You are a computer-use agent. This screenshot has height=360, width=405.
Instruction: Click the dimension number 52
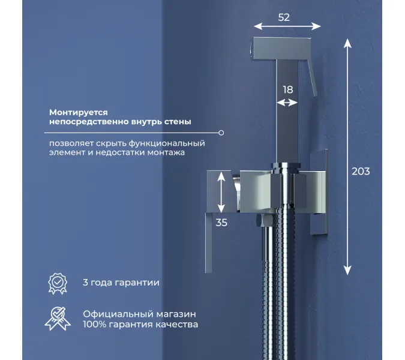(284, 17)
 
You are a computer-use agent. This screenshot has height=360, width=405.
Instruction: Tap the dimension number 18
(288, 89)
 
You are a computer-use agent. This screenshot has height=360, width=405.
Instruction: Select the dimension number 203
(360, 172)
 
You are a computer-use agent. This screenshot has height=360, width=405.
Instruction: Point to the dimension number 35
(221, 222)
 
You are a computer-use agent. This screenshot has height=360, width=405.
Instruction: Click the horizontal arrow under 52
(287, 27)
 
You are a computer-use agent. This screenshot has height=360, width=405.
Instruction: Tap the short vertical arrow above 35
(223, 192)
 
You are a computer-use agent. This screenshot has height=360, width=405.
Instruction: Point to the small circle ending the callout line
(221, 133)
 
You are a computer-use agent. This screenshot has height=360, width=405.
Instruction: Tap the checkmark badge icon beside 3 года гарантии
(58, 282)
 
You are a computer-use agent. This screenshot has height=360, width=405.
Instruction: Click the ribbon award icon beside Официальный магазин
(58, 319)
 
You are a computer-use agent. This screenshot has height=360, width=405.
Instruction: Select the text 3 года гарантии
(121, 283)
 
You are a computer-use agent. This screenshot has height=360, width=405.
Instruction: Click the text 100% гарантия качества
(140, 325)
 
